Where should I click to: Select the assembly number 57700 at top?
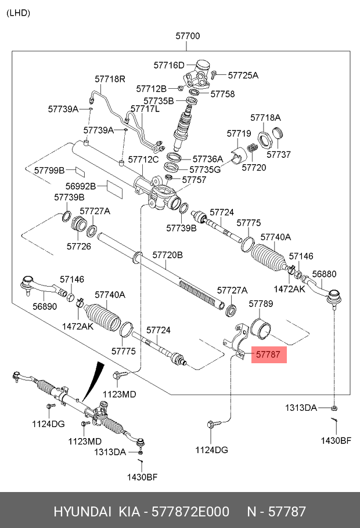[188, 36]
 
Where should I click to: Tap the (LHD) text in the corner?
[18, 13]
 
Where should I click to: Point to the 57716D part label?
[168, 65]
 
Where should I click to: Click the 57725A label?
[243, 75]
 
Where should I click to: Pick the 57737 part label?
[278, 155]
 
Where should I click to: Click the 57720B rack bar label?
[167, 255]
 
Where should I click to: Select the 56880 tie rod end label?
[324, 274]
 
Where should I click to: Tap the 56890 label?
[45, 307]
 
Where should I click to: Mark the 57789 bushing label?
[261, 303]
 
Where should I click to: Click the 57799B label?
[49, 170]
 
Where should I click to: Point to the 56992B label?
[80, 186]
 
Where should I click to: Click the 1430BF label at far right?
[336, 440]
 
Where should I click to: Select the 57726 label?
[78, 246]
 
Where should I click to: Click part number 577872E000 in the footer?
[190, 512]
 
